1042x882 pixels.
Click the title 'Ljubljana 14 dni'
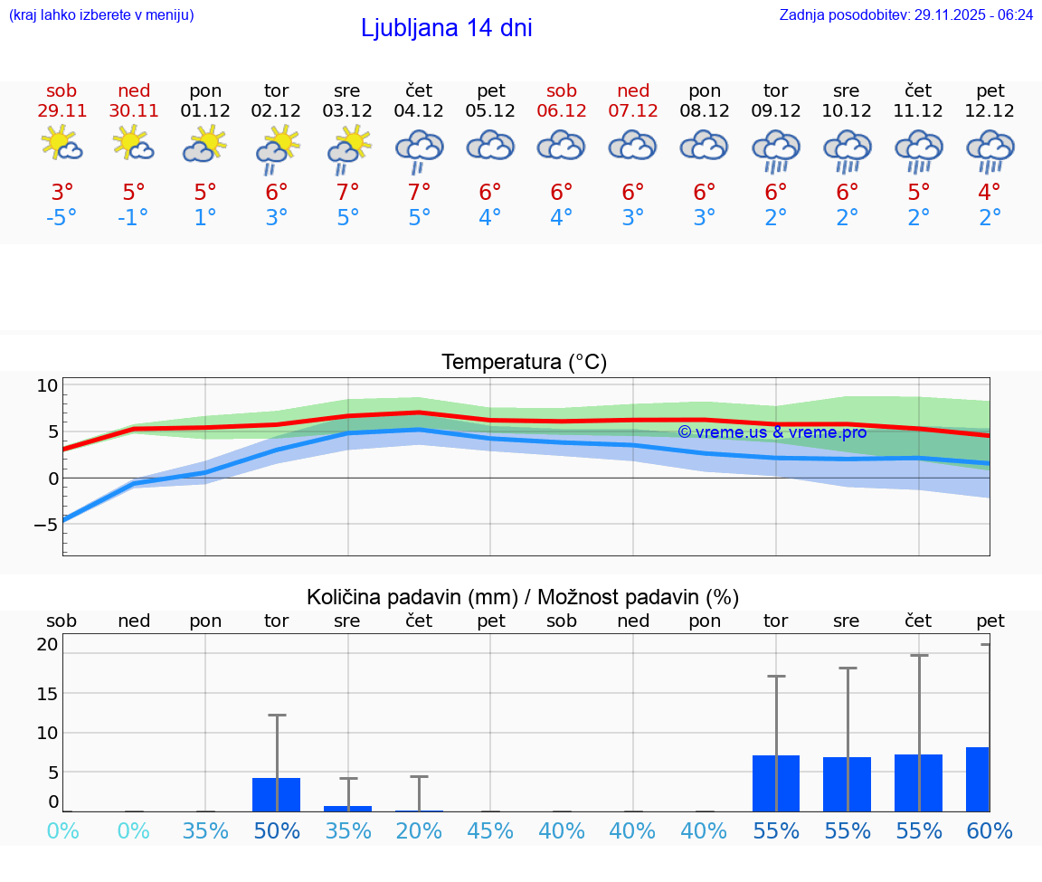click(x=446, y=28)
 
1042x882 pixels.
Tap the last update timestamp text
click(x=905, y=14)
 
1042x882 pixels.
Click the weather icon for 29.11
click(x=62, y=144)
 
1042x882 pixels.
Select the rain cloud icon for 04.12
click(x=419, y=150)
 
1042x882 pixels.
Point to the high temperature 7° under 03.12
click(x=347, y=192)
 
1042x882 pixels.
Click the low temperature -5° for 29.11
click(x=62, y=218)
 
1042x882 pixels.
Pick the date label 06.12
click(x=562, y=111)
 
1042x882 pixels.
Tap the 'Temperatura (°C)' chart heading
click(x=524, y=363)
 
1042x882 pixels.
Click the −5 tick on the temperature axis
click(x=46, y=524)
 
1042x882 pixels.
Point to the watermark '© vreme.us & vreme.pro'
click(x=772, y=432)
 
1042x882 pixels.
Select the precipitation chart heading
click(x=523, y=597)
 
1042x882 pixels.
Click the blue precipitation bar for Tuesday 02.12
click(x=276, y=794)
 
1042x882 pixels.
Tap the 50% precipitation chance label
click(x=276, y=830)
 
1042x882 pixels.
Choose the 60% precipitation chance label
click(x=990, y=830)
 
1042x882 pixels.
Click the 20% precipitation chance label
click(x=419, y=830)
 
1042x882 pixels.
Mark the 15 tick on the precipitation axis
click(x=47, y=693)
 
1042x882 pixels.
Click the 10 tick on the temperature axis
click(x=47, y=385)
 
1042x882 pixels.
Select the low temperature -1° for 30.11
click(x=133, y=218)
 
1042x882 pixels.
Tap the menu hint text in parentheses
click(x=100, y=14)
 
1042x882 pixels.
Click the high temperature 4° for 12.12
click(x=990, y=192)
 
